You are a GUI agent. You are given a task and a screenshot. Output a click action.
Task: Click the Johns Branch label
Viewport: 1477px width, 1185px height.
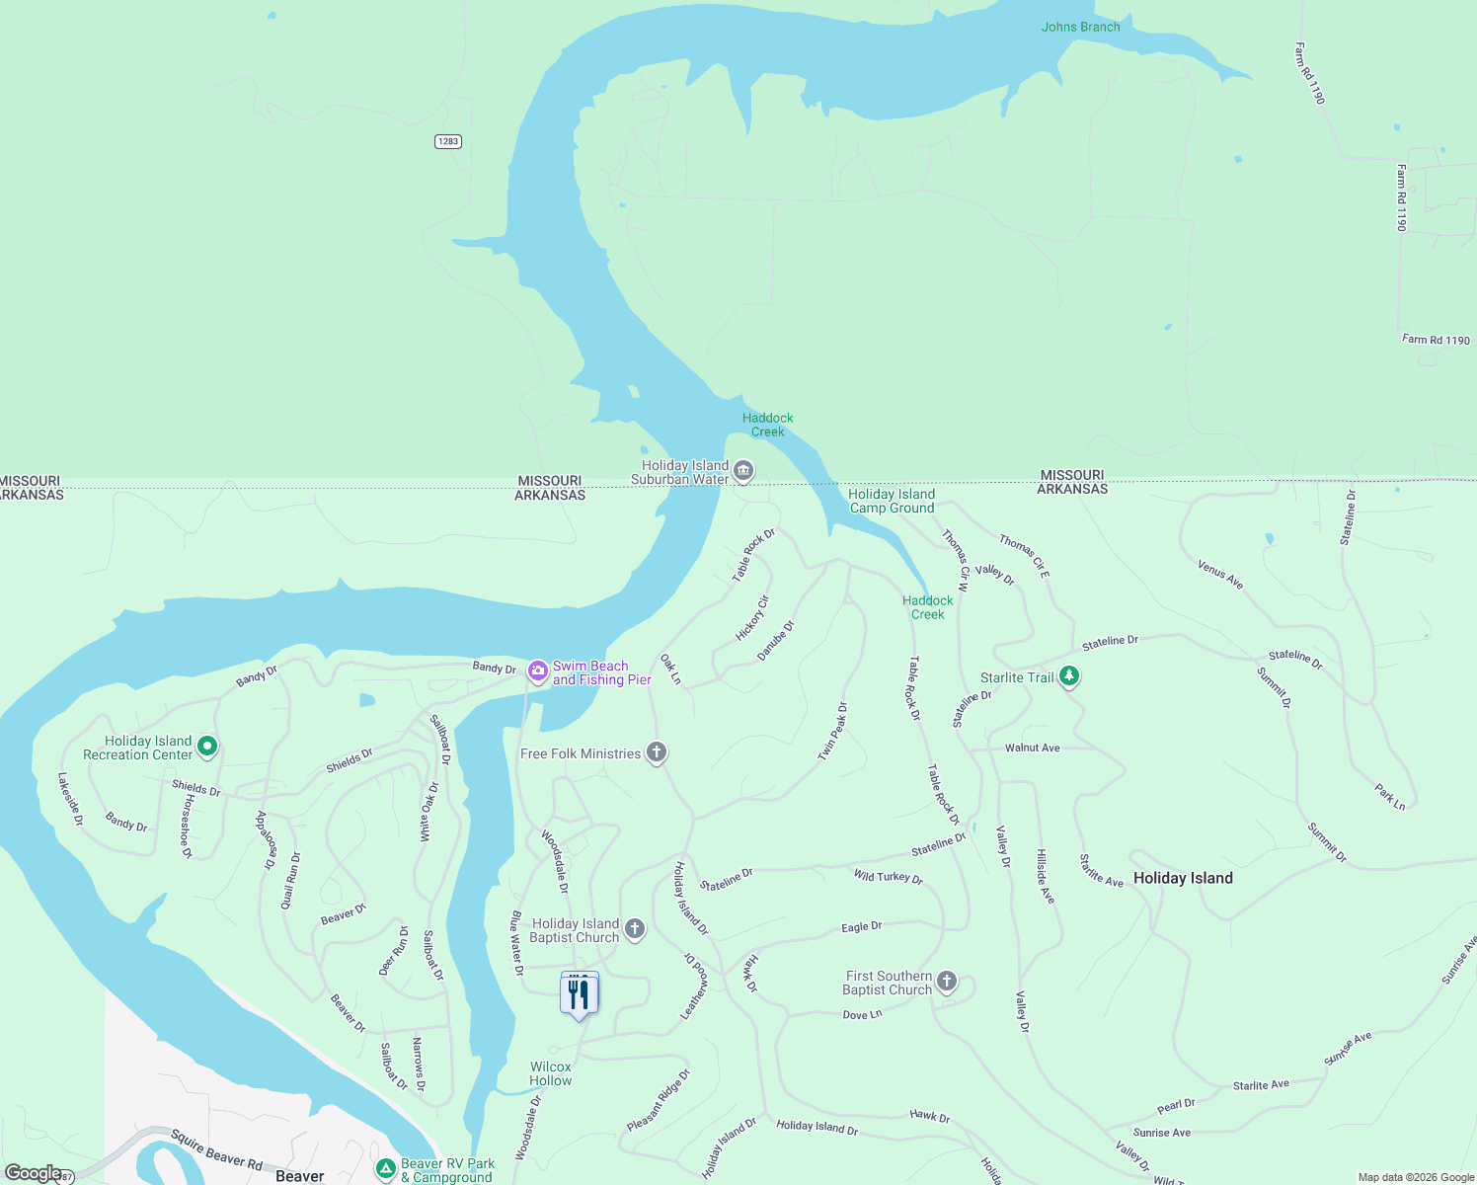click(1080, 27)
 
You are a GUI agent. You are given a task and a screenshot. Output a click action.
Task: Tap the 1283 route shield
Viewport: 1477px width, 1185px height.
click(448, 141)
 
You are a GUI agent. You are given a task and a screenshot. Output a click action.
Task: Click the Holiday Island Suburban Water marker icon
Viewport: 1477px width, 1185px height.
click(744, 471)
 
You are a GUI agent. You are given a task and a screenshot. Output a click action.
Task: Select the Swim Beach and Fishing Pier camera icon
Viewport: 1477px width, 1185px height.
click(537, 671)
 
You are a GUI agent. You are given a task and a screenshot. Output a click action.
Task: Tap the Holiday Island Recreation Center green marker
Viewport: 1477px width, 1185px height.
click(207, 747)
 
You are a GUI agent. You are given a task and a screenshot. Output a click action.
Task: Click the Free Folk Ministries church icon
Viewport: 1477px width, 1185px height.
click(657, 752)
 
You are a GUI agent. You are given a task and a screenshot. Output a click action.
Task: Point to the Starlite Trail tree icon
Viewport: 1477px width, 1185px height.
click(1069, 676)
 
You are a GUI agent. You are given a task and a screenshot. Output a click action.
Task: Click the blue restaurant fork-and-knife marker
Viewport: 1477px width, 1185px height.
click(580, 994)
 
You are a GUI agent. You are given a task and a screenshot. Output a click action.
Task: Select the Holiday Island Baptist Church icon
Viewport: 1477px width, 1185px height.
click(635, 928)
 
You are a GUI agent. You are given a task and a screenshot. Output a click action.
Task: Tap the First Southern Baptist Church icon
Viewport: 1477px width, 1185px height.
click(947, 981)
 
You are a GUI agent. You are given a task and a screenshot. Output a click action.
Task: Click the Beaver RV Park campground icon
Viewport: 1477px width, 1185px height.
click(385, 1168)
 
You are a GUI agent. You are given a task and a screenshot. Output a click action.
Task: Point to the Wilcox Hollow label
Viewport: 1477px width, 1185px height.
click(551, 1073)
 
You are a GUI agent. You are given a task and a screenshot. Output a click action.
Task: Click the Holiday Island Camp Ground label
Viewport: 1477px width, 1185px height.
click(892, 501)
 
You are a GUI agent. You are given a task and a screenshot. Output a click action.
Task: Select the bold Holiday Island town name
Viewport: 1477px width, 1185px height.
click(1183, 878)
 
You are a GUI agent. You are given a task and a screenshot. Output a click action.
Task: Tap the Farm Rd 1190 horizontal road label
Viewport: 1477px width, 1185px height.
click(1436, 340)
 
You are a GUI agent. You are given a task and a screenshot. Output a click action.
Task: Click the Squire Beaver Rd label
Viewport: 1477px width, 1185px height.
click(216, 1149)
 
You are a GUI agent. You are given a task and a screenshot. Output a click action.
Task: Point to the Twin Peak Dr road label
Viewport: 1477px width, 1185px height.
click(832, 732)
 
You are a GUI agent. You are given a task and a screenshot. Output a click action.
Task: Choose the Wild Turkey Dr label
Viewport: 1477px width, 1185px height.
click(888, 876)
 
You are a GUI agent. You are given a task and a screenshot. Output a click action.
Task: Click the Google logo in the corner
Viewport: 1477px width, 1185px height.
click(33, 1173)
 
